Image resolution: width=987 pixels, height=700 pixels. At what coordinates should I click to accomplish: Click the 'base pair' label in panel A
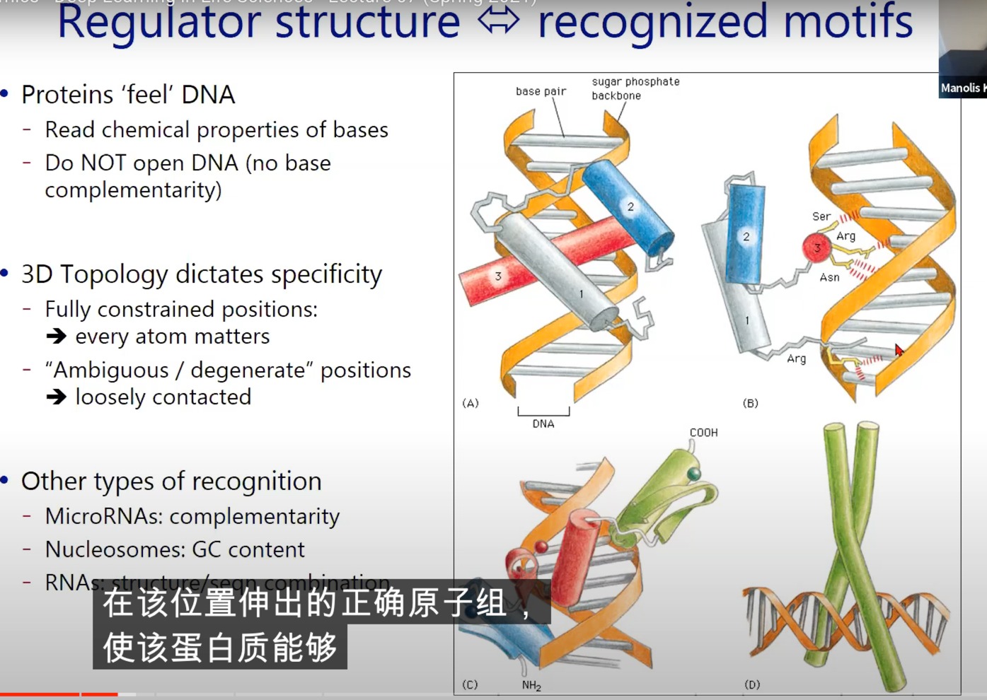(x=541, y=91)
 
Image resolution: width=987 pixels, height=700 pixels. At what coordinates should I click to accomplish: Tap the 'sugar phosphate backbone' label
(x=635, y=88)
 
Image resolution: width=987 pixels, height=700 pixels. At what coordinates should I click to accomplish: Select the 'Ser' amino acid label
(x=821, y=216)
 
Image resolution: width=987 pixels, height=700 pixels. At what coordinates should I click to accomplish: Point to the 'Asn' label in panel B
(x=829, y=277)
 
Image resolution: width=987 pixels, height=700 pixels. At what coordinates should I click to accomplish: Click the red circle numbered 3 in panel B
(x=816, y=247)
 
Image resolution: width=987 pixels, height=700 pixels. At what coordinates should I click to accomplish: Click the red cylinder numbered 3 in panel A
(x=499, y=276)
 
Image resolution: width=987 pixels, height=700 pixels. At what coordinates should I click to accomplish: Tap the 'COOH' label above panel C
(x=703, y=433)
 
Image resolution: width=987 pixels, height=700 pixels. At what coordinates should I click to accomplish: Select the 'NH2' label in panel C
(x=531, y=685)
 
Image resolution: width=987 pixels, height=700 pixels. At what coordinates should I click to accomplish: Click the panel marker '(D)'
(x=752, y=684)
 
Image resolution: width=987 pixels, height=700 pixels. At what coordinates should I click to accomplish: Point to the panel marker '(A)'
(x=471, y=403)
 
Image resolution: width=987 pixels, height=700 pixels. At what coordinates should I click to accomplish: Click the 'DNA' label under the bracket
(x=543, y=424)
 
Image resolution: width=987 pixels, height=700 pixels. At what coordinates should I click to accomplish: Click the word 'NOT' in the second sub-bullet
(x=104, y=163)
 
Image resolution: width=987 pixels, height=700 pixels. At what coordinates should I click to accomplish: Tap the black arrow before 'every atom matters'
(x=57, y=337)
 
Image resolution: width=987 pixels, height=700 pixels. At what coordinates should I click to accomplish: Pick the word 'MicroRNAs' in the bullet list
(x=103, y=516)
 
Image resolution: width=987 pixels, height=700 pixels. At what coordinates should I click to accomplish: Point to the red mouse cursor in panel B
(x=899, y=349)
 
